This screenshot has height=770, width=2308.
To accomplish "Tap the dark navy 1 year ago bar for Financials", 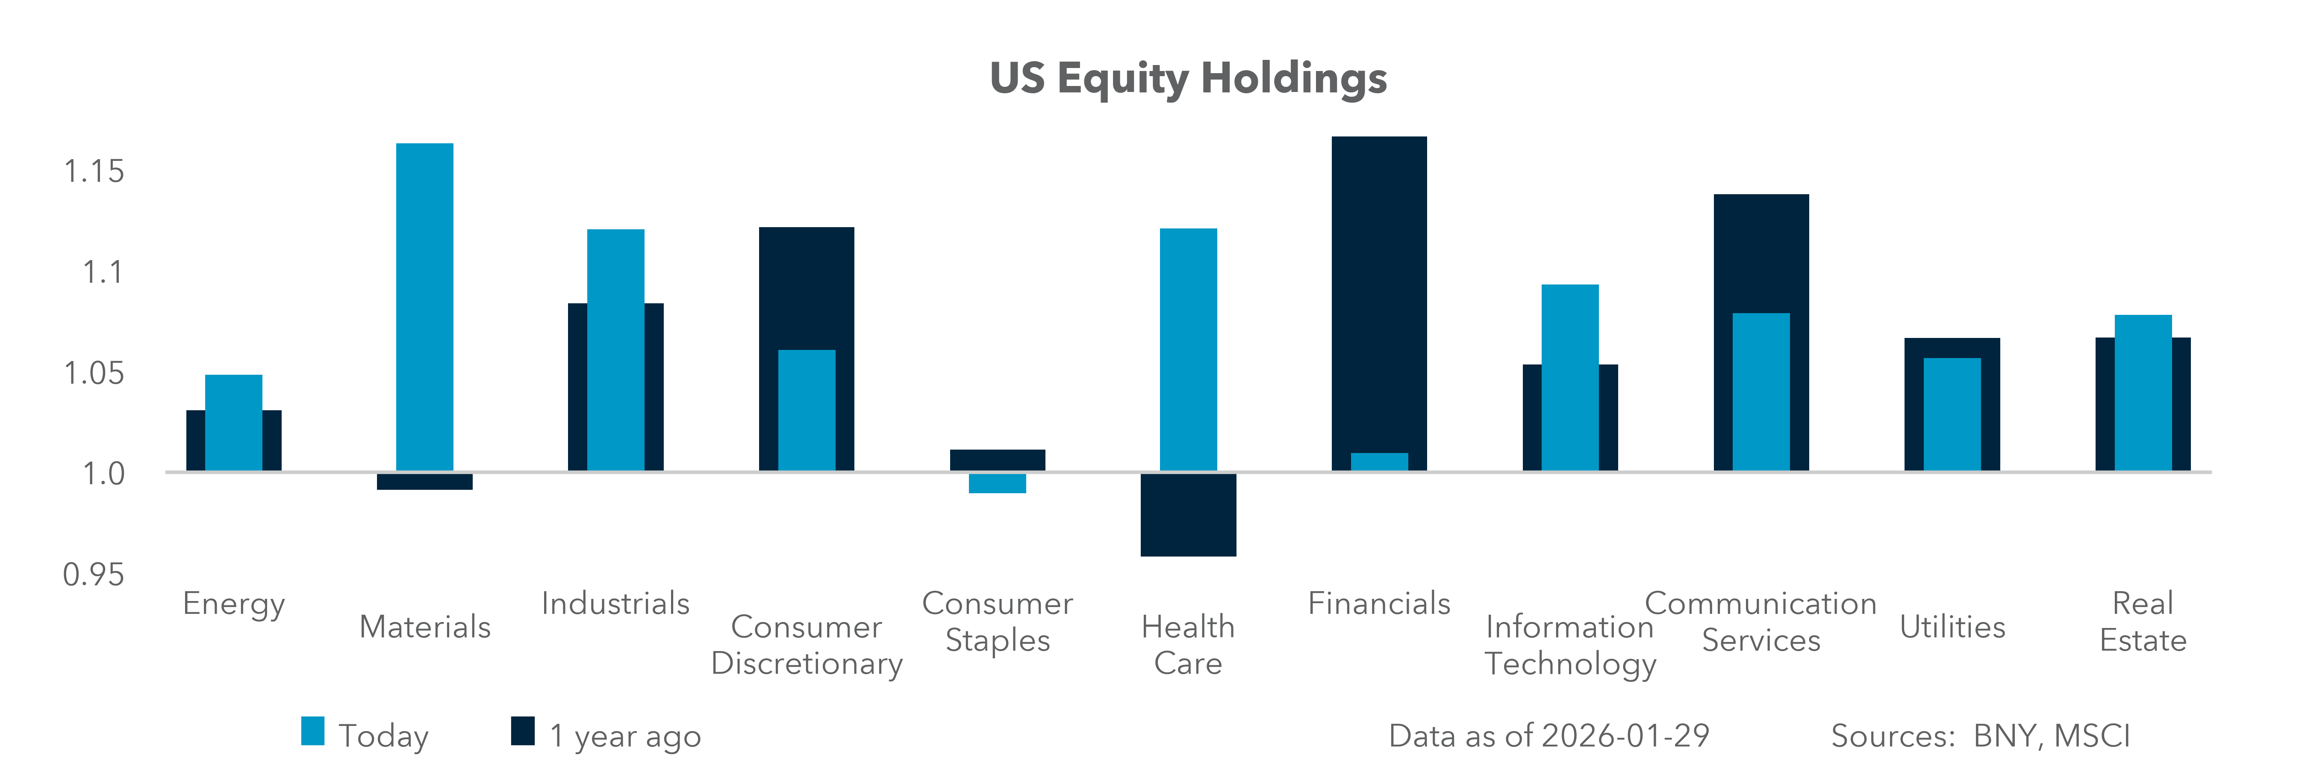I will tap(1379, 287).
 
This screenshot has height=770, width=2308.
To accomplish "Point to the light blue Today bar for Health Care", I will tap(1188, 349).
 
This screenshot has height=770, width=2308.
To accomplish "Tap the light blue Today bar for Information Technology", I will tap(1570, 376).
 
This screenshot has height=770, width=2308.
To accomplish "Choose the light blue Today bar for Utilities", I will tap(1952, 414).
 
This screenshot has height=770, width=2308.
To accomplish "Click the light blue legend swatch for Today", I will tap(313, 731).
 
